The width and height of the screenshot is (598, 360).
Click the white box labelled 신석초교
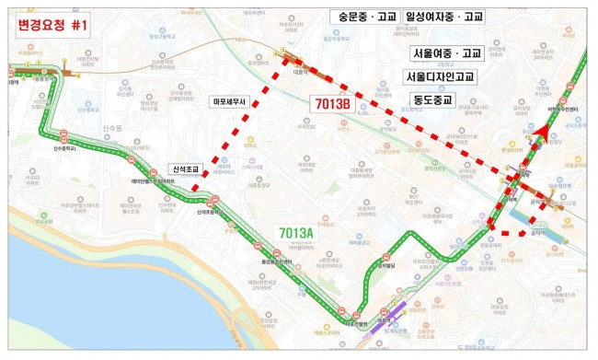(187, 168)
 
